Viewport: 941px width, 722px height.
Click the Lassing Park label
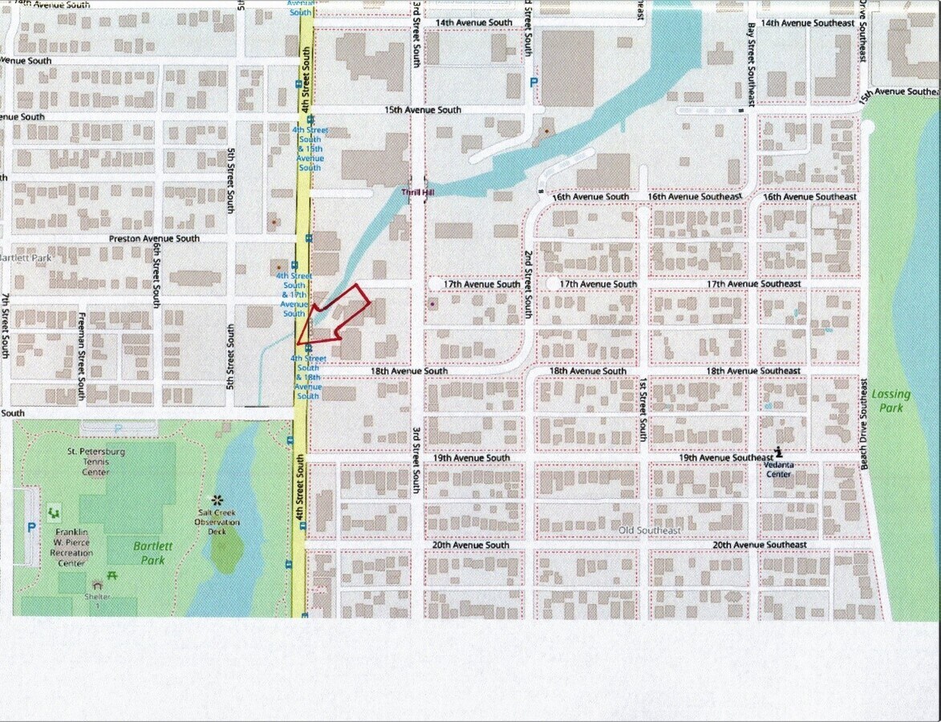(x=891, y=401)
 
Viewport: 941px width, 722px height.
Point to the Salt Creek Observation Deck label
(x=219, y=522)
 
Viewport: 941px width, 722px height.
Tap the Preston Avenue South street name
(x=154, y=239)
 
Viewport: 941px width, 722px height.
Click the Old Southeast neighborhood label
(x=651, y=530)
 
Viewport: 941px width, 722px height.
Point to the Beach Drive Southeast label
(x=864, y=424)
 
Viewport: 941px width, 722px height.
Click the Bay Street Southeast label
(x=750, y=64)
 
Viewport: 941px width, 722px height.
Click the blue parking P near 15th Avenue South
(x=533, y=83)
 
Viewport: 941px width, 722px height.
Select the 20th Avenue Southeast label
(x=760, y=545)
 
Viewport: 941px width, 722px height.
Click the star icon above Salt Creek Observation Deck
(x=216, y=500)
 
